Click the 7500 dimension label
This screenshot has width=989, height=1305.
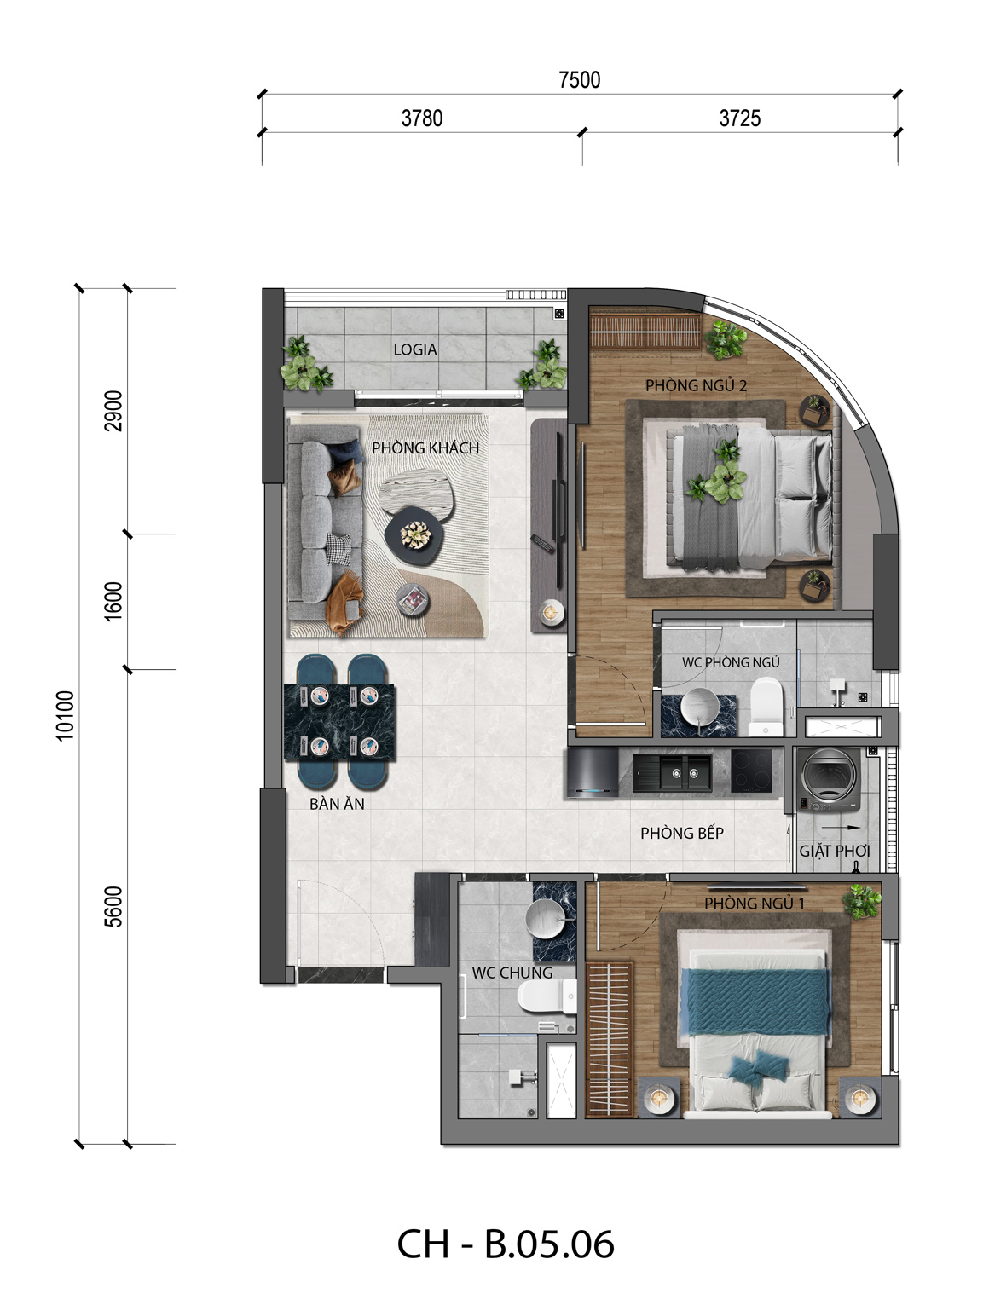579,79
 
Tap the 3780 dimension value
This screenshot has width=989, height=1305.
422,118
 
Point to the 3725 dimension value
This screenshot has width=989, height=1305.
739,118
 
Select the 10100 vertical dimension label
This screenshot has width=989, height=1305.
66,716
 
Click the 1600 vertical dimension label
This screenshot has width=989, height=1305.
113,601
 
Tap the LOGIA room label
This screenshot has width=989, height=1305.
414,349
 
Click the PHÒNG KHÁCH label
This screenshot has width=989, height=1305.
425,448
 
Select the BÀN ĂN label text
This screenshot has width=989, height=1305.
337,804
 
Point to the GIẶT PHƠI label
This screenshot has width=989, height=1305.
834,852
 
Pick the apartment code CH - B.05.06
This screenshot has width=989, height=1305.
505,1244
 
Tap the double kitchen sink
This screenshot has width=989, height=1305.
672,773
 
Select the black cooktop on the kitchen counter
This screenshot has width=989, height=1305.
751,771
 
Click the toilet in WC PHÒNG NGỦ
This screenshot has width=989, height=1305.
766,707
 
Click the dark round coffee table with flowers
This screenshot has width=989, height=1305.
414,534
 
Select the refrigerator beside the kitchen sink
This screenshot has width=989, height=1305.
593,771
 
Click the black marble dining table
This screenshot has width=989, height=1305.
339,722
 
